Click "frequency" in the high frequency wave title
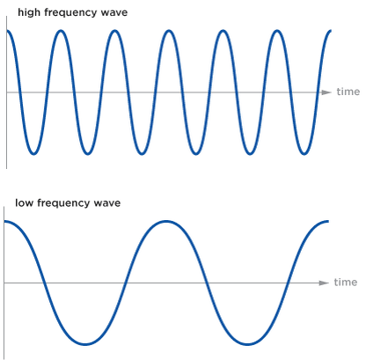pos(70,13)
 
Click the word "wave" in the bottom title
pos(106,203)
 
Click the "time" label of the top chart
pos(348,92)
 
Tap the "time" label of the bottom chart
pos(346,283)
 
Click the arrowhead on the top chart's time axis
pos(326,92)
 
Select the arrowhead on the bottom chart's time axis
pos(324,283)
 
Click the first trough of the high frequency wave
pos(33,153)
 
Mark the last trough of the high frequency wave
pos(304,153)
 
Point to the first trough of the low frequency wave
pos(85,344)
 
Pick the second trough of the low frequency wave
pos(247,344)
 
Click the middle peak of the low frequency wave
pos(166,221)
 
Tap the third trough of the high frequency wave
pos(142,153)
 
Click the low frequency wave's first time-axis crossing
pos(45,283)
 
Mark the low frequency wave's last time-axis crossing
pos(288,283)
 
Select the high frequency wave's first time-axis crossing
pos(20,92)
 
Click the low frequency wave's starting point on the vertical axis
pos(4,221)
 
